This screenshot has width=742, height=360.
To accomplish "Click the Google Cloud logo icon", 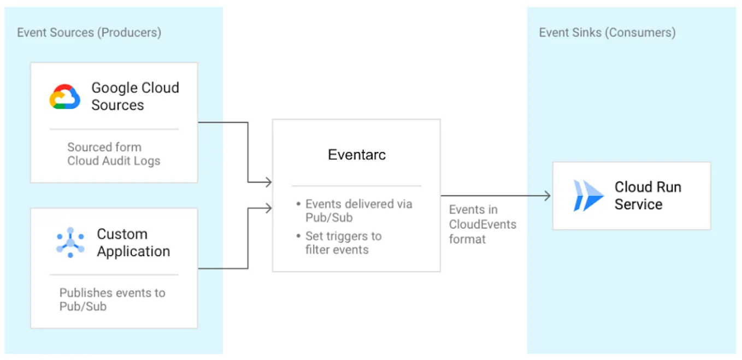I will (65, 97).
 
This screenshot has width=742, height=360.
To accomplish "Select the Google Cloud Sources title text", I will (135, 96).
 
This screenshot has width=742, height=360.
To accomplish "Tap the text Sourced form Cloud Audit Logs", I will (114, 154).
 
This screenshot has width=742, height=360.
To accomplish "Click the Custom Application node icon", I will (70, 243).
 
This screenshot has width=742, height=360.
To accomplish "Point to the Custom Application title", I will (133, 243).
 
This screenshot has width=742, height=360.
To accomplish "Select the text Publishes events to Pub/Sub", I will (112, 299).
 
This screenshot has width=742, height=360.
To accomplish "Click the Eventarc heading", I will (357, 155).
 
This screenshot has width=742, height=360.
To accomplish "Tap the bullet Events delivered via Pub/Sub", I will (358, 211).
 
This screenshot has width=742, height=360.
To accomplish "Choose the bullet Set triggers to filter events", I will (343, 243).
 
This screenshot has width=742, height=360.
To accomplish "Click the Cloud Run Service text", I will (647, 196).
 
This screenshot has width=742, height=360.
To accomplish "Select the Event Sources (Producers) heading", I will (89, 32).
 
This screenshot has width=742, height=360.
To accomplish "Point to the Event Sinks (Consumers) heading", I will (607, 32).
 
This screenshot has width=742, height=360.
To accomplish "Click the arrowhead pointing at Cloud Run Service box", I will (547, 196).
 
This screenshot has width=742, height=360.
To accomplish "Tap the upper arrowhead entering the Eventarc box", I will (268, 182).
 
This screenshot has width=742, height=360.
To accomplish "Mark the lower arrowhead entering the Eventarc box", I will (268, 208).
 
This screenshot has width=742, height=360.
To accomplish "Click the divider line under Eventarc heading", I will (356, 186).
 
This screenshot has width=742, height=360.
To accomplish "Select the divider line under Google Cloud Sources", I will (114, 129).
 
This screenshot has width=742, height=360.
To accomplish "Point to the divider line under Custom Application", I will (114, 275).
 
